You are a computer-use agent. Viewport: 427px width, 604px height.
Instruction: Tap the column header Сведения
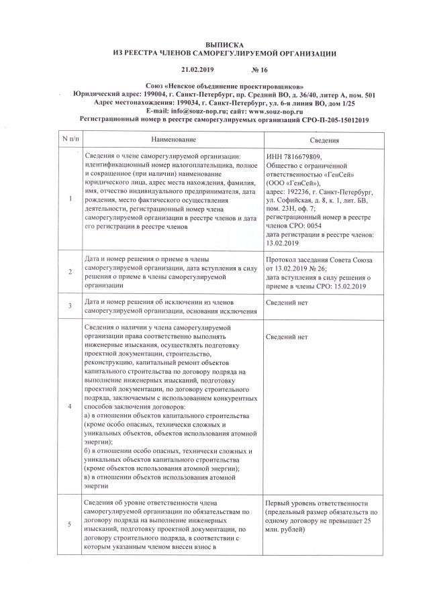[324, 140]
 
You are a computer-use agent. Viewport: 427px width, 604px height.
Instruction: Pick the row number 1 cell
[71, 199]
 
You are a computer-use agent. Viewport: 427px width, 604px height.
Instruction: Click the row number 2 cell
[71, 271]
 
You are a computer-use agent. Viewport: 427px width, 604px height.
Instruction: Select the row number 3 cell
[71, 305]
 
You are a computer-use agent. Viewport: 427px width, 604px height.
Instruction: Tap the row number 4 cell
[71, 405]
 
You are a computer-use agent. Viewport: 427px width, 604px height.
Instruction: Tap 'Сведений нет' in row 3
[287, 303]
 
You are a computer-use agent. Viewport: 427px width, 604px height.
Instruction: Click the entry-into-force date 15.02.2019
[344, 287]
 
